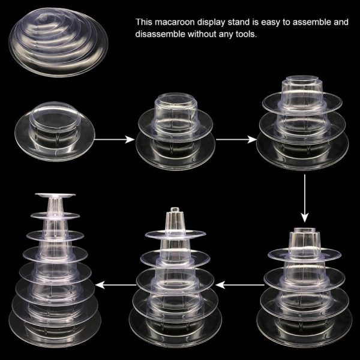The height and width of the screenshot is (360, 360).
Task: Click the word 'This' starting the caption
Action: tap(144, 22)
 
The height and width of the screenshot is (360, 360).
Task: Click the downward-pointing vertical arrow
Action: tap(305, 199)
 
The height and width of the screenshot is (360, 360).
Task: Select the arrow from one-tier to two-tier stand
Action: tap(115, 139)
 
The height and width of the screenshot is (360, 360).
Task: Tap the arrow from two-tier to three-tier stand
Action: tap(236, 139)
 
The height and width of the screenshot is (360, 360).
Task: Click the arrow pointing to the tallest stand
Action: tap(115, 285)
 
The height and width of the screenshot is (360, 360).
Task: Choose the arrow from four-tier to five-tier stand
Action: tap(239, 285)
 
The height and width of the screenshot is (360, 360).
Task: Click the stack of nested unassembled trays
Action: tap(59, 42)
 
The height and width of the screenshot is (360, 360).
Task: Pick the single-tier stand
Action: tap(55, 131)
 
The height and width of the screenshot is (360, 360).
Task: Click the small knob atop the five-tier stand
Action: tap(175, 209)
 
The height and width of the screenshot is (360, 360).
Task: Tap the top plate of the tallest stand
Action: tap(55, 196)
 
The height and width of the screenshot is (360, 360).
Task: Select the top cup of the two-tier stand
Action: tap(175, 110)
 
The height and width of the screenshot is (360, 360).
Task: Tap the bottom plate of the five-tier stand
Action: tap(175, 328)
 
